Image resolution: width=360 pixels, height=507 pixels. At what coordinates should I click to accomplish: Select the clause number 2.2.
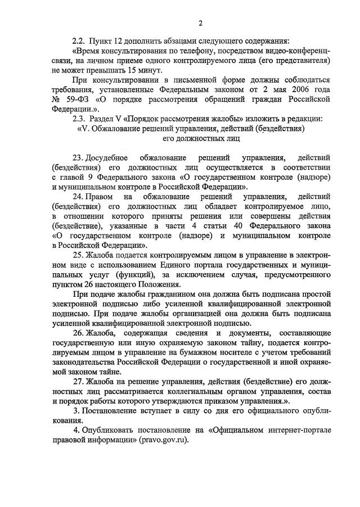[79, 40]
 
